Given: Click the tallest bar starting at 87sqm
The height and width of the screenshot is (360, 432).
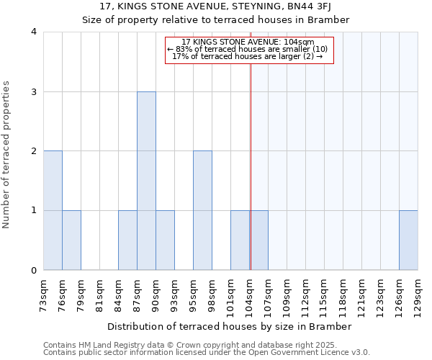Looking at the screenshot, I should pos(146,181).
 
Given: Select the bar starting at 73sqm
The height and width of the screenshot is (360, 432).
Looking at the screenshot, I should pos(53,210).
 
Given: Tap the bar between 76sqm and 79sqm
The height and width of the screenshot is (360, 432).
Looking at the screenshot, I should pos(71,240).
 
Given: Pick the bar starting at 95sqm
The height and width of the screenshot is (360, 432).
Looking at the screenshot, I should pos(202,210).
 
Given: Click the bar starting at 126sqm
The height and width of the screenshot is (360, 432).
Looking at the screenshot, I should pos(408,240).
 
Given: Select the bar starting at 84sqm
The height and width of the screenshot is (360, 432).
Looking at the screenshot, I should pos(127,240).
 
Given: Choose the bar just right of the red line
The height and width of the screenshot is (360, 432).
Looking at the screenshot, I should pos(259,240).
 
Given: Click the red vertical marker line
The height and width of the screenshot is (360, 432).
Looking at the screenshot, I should pos(251,166).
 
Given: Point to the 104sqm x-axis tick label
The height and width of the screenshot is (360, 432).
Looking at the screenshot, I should pos(249,293).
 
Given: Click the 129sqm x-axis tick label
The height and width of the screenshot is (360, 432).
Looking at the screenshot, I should pos(418,293).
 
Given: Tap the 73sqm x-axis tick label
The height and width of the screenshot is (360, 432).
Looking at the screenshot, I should pos(43,293).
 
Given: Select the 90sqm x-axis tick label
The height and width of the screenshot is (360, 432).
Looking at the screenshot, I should pos(156,293).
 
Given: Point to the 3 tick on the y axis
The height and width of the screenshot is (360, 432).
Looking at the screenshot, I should pos(33,91).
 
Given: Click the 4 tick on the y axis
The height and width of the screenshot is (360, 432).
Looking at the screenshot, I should pos(33,32).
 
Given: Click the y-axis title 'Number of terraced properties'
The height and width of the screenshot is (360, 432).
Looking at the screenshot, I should pos(7,155).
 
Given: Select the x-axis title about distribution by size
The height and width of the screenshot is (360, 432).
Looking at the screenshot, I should pos(230,326).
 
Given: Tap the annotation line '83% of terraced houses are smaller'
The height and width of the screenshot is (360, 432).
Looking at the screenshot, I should pos(248,49).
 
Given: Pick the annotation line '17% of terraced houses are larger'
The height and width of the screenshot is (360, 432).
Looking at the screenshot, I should pos(248,56).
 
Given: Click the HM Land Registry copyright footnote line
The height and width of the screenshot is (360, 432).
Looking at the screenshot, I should pos(206,346).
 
